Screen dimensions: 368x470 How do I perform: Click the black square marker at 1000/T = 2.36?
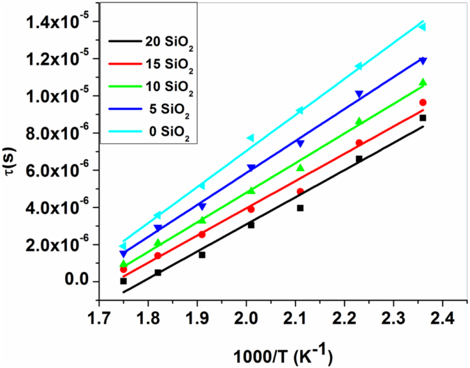coord(422,118)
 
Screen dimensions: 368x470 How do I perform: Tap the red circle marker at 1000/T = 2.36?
coord(422,103)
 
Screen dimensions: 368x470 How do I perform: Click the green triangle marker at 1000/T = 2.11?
coord(300,168)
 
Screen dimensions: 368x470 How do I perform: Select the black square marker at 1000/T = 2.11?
coord(300,208)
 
